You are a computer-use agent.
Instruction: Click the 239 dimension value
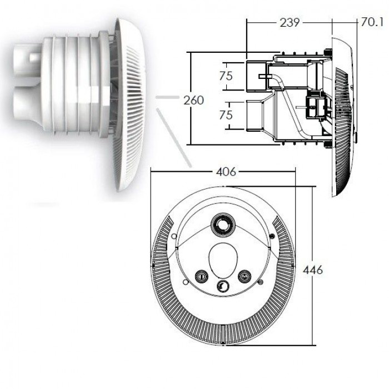pos(290,23)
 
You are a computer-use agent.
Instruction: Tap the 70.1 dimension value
pos(372,22)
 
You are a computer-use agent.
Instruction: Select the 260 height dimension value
pos(193,100)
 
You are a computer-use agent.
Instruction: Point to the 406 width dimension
pos(226,172)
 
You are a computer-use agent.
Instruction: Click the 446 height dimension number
pos(313,270)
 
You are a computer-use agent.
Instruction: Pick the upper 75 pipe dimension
pos(226,76)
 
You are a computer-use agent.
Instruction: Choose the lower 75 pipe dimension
pos(226,115)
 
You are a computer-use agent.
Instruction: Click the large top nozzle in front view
pos(222,225)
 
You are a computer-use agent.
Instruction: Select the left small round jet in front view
pos(202,276)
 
